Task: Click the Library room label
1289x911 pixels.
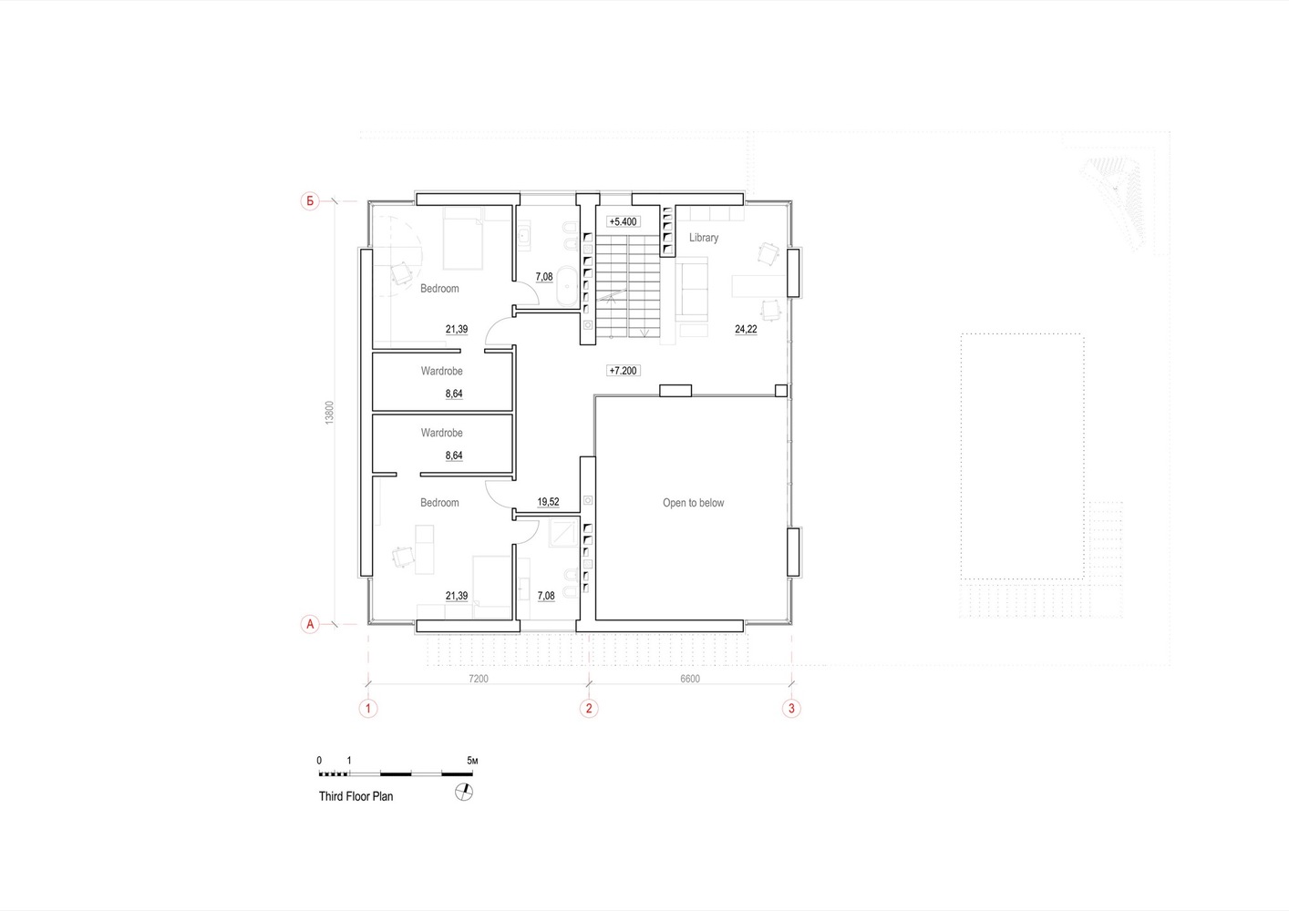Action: point(704,238)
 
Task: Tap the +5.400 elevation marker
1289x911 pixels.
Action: point(624,222)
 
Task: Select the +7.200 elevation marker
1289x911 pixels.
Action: point(624,371)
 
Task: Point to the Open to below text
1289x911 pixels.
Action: point(693,503)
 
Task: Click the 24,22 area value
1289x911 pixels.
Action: point(746,330)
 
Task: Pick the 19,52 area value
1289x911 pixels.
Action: point(548,502)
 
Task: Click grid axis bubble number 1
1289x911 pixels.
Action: point(368,708)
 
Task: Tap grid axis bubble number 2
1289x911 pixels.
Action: point(589,708)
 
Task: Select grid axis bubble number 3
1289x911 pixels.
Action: point(791,708)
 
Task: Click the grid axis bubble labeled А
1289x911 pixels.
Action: point(310,624)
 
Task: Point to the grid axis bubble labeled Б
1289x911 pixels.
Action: point(310,200)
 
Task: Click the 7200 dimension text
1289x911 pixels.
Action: point(479,679)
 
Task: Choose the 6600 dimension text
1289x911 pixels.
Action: point(690,679)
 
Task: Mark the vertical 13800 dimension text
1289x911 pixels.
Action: point(329,413)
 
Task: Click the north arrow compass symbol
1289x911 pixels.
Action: point(464,793)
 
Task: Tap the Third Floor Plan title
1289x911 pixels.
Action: point(356,796)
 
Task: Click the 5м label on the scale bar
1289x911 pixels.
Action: point(472,761)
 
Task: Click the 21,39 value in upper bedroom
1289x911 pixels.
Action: point(457,330)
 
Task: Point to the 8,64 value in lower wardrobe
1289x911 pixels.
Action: point(454,455)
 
